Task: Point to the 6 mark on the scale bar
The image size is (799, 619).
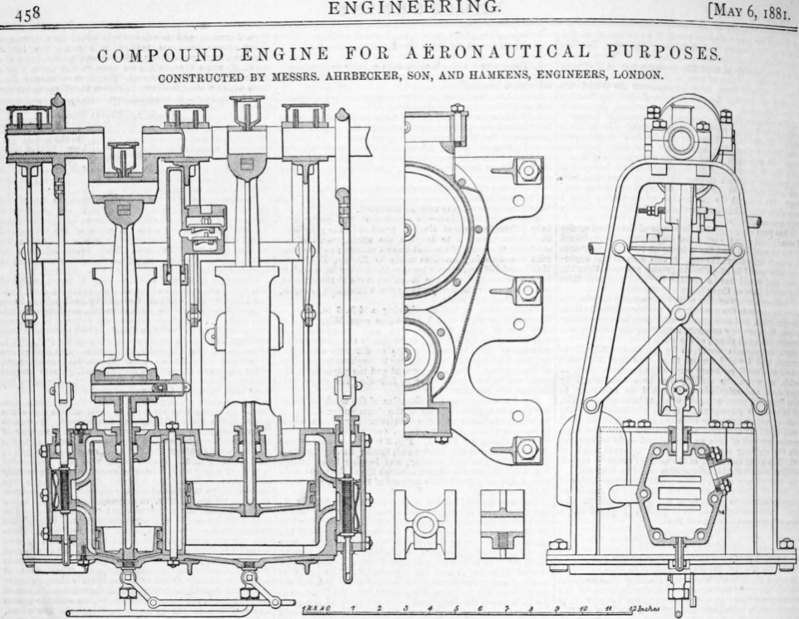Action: [482, 610]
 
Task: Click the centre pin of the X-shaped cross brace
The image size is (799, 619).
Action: [680, 314]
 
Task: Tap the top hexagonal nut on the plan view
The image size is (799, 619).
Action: [527, 171]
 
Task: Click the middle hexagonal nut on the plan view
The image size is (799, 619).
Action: [527, 291]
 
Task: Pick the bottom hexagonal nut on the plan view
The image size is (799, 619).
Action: [527, 449]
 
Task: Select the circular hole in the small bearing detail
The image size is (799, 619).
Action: [425, 523]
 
